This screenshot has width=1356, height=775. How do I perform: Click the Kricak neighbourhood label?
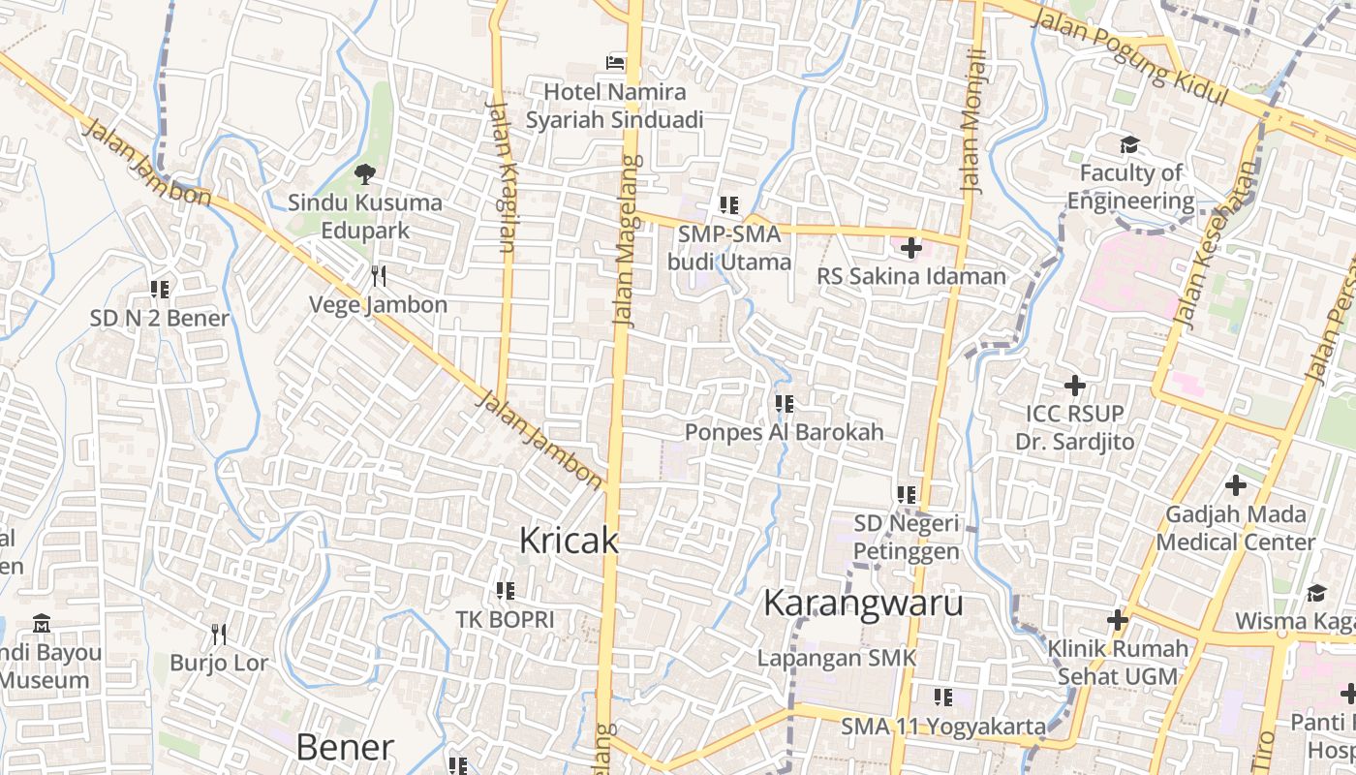click(x=569, y=541)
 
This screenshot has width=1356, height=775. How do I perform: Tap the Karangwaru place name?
click(x=863, y=603)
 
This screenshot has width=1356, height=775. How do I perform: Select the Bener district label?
click(x=345, y=747)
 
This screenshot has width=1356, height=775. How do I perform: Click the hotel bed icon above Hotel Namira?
click(x=615, y=62)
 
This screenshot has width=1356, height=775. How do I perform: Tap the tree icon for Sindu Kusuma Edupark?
click(x=365, y=174)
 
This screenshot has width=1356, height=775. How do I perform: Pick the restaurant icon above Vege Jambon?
click(x=379, y=276)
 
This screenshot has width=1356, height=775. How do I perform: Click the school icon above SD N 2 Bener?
click(x=160, y=289)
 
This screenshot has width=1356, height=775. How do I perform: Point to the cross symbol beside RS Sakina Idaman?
click(x=910, y=248)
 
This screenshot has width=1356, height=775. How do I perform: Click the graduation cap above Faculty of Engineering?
click(x=1129, y=145)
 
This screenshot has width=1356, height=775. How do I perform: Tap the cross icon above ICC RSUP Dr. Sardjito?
click(x=1074, y=386)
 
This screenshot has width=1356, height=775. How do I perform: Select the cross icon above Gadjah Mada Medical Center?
click(x=1235, y=484)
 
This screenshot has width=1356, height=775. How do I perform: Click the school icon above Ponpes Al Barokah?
click(x=784, y=403)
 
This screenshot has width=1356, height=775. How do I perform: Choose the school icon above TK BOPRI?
click(x=505, y=590)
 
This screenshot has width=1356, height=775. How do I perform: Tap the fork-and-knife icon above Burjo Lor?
click(x=219, y=635)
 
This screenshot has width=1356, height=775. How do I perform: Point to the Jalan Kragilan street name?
click(x=503, y=174)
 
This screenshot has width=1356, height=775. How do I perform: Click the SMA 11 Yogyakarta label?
click(x=942, y=726)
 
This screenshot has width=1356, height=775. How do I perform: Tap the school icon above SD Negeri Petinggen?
click(x=907, y=495)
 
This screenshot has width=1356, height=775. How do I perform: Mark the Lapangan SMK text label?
click(x=836, y=658)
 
